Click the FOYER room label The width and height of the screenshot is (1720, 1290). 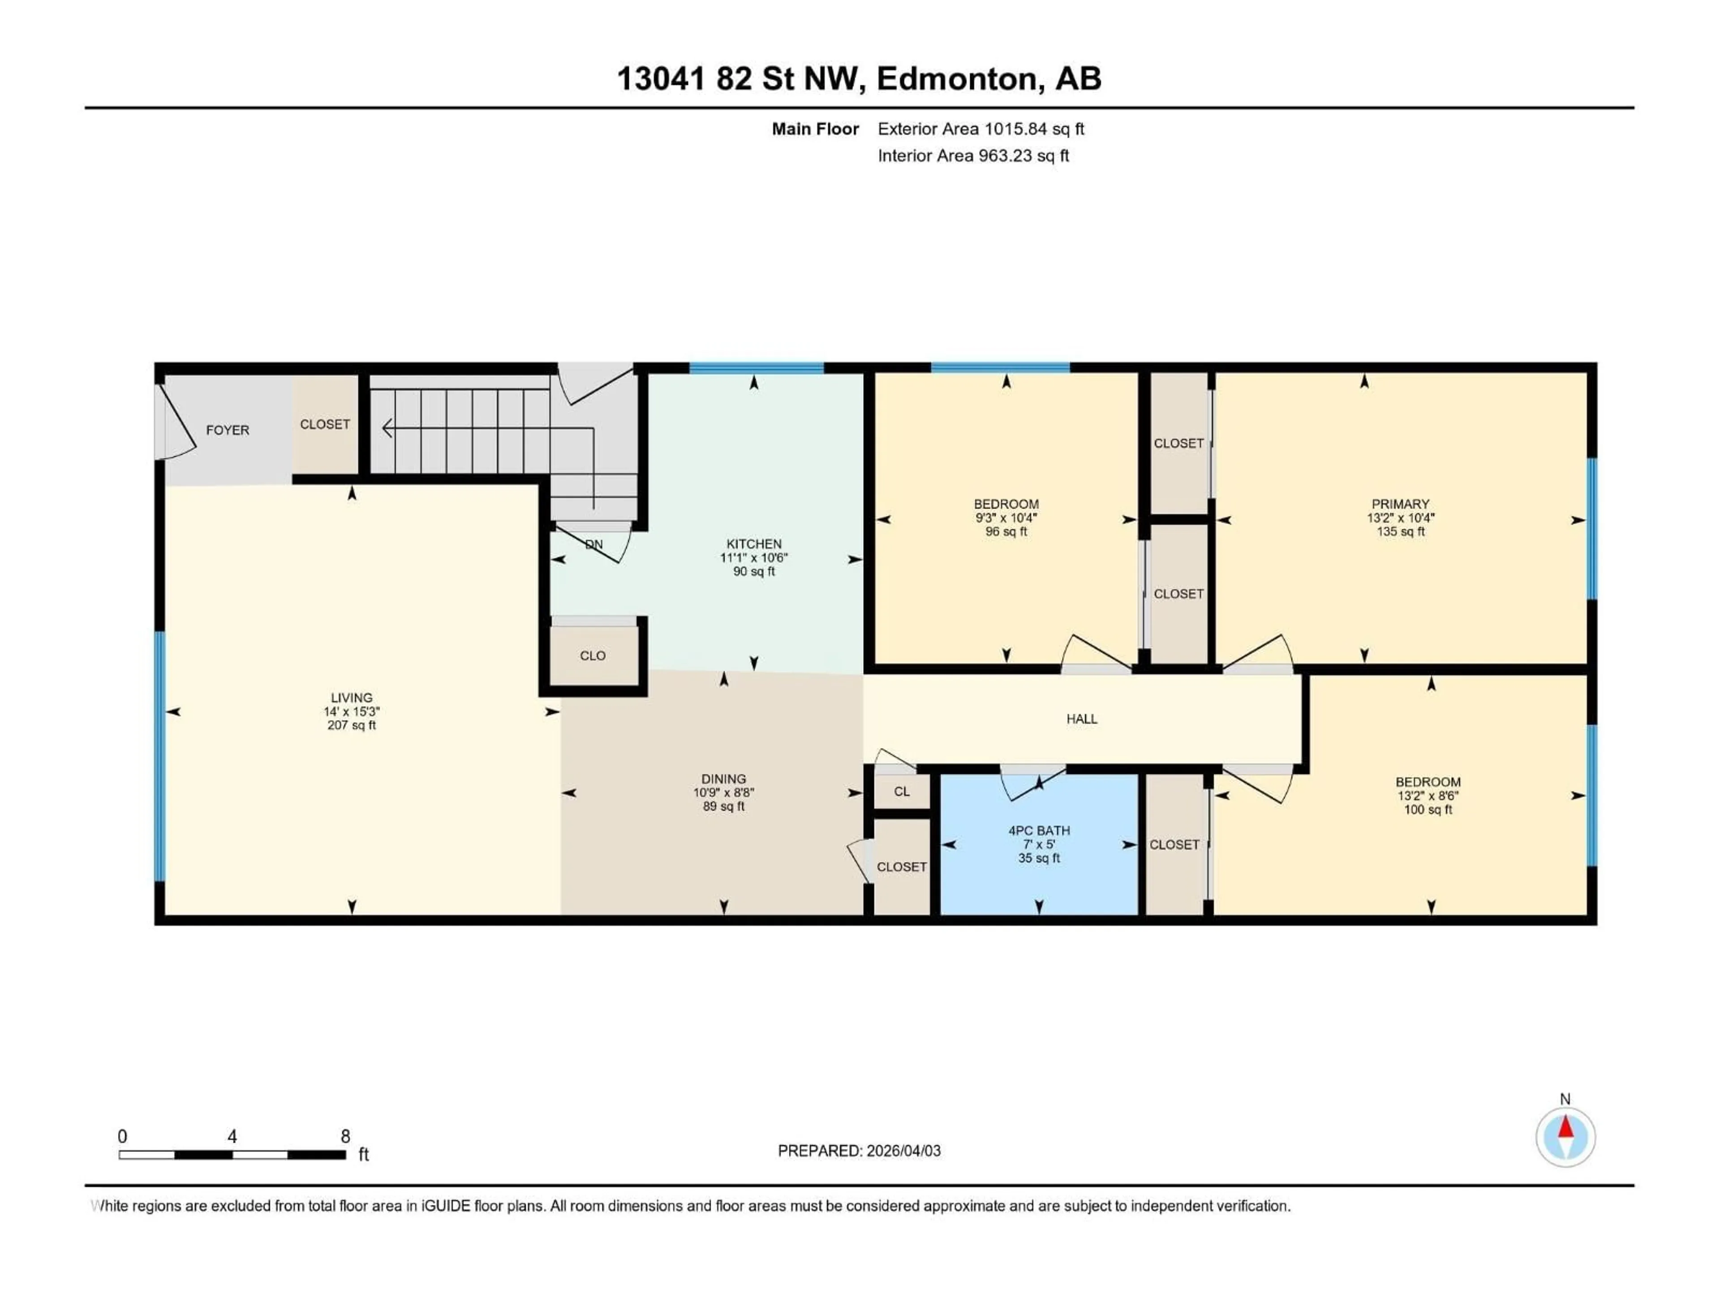[227, 430]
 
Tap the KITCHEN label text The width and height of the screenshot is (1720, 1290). [753, 543]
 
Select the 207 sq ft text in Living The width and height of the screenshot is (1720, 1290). [352, 726]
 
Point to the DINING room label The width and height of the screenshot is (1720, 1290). [723, 778]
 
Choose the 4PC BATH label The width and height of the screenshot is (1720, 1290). [1039, 830]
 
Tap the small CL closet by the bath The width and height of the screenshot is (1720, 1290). [901, 791]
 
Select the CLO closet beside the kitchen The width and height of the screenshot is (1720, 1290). [593, 655]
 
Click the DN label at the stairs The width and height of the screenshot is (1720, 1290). [594, 544]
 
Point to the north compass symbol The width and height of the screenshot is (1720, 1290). [1565, 1137]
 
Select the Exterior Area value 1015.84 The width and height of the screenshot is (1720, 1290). [1015, 129]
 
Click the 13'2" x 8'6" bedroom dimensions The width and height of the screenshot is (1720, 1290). [1428, 795]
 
